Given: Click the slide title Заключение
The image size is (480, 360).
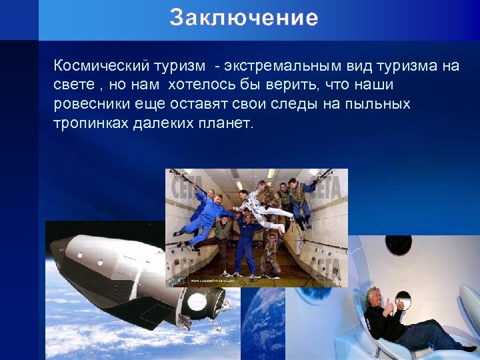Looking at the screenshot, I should [243, 18].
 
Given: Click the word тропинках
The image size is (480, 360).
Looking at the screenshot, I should [88, 124].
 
